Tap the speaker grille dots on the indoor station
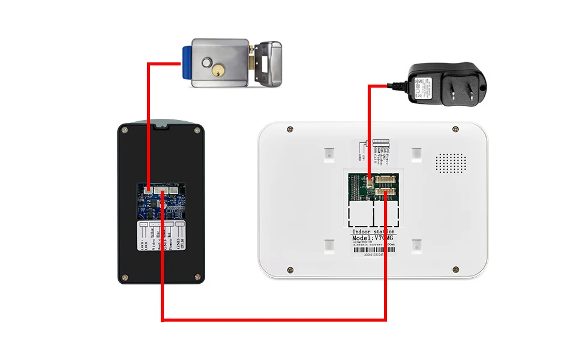pyautogui.click(x=451, y=162)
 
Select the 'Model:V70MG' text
pyautogui.click(x=373, y=239)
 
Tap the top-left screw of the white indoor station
pyautogui.click(x=290, y=129)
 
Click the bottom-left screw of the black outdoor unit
pyautogui.click(x=125, y=277)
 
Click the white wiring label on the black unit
pyautogui.click(x=161, y=237)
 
